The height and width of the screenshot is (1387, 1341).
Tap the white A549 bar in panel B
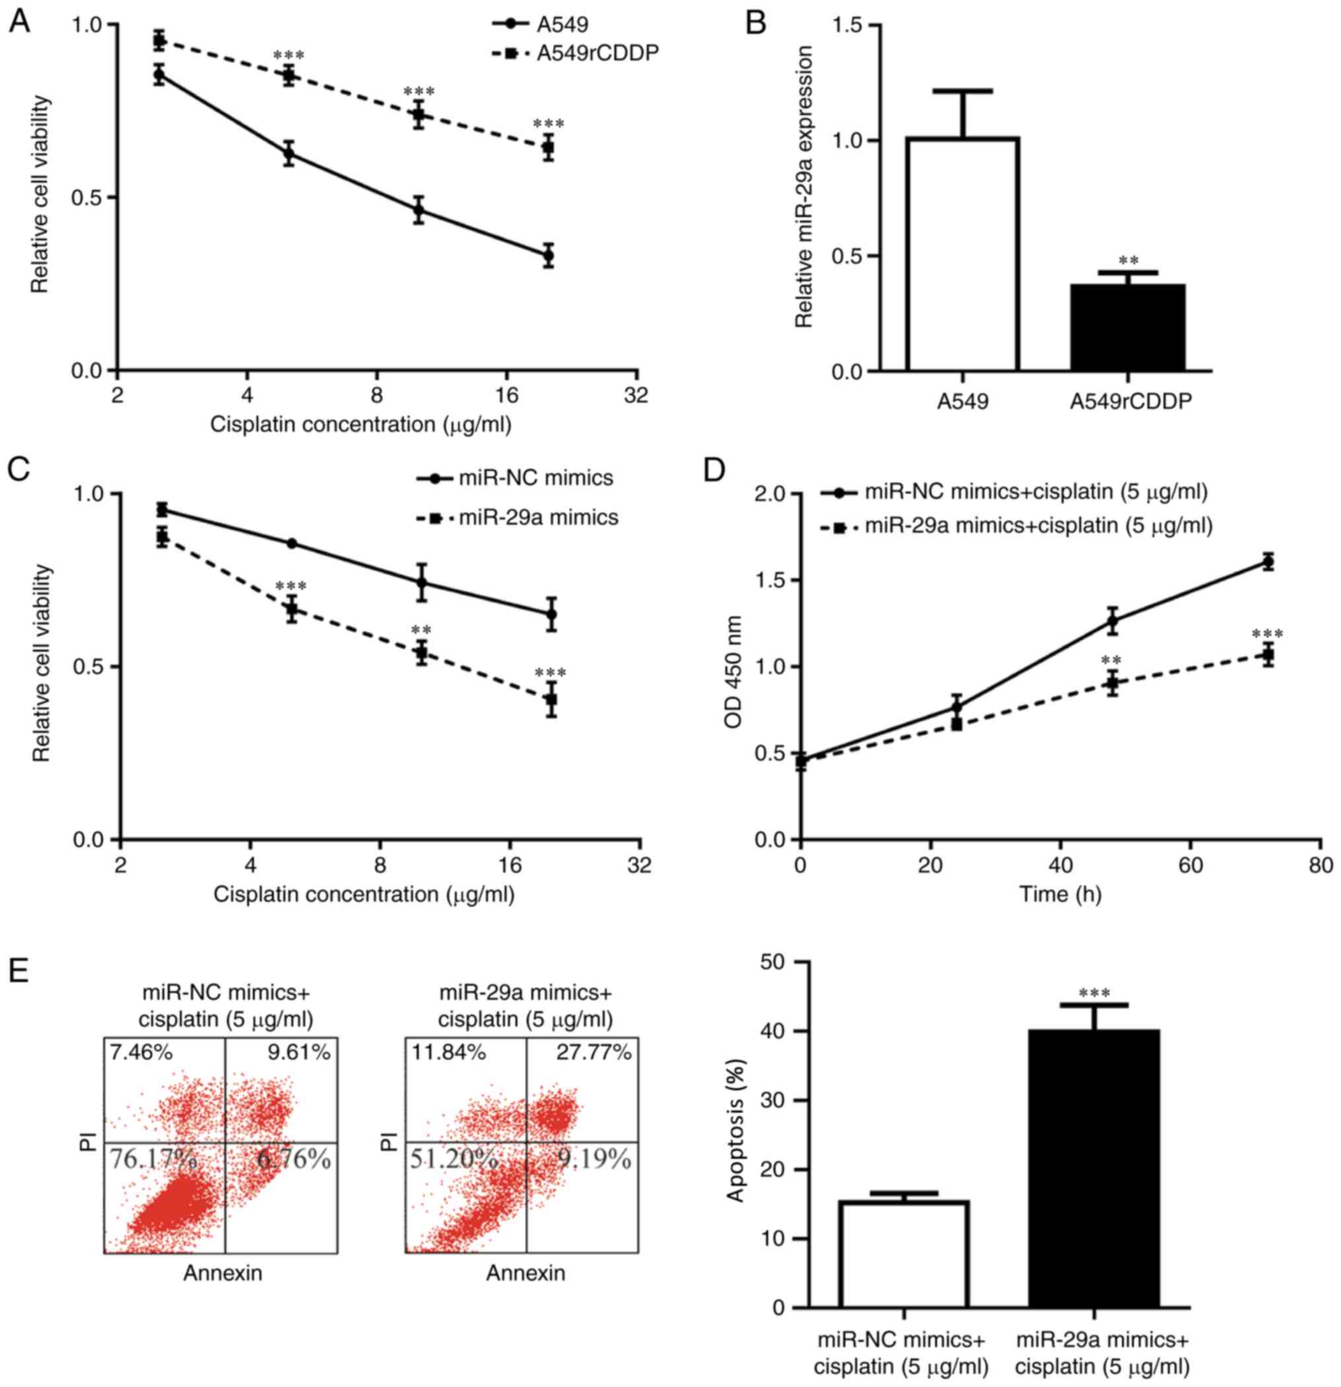pos(962,255)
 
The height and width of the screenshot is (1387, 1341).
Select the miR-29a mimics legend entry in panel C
pos(538,518)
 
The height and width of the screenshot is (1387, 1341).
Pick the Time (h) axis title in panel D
pos(1060,894)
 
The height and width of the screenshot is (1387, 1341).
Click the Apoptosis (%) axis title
pos(737,1125)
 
